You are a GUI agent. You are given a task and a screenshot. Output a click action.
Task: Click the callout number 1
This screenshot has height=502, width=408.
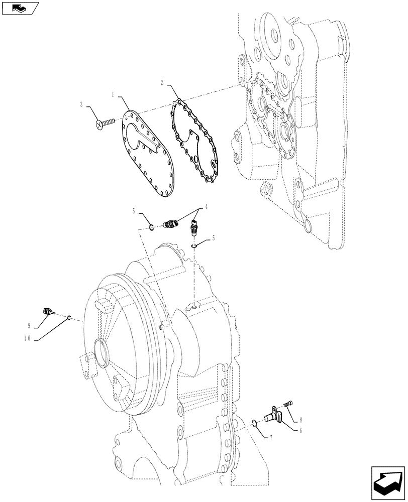[x=114, y=94]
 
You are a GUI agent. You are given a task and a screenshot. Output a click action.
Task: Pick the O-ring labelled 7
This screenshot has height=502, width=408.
[x=255, y=423]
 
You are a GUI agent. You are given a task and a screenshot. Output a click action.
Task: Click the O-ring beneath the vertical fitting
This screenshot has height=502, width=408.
[x=194, y=246]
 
